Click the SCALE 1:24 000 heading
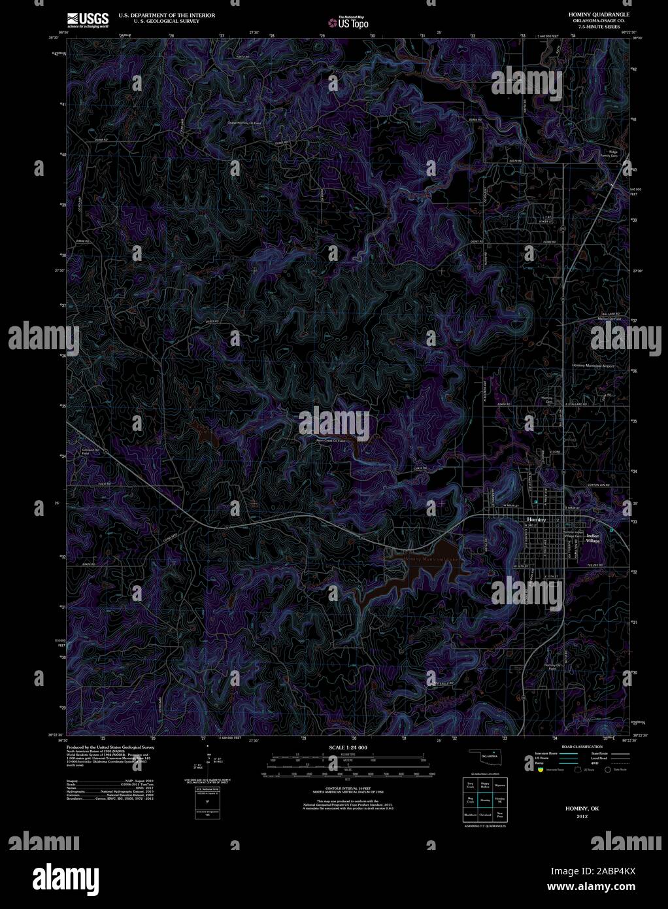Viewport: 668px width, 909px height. tap(348, 747)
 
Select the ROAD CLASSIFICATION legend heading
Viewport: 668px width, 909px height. tap(575, 746)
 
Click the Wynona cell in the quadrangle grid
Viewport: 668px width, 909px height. tap(500, 785)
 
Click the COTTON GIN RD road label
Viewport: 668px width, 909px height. tap(597, 485)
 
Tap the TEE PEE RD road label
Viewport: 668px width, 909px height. tap(593, 566)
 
